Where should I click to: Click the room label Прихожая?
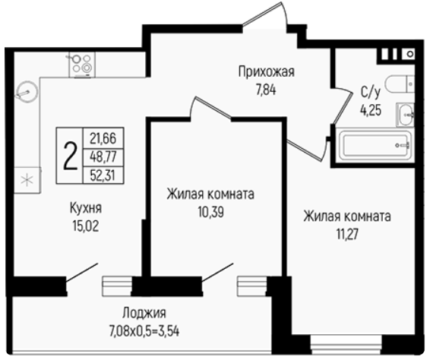[267, 72]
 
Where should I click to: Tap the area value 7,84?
[266, 90]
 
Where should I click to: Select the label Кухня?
[86, 208]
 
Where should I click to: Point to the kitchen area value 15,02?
[86, 226]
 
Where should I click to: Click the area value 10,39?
[211, 212]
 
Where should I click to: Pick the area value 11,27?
[347, 235]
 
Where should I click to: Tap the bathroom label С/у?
[371, 93]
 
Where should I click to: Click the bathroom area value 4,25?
[371, 110]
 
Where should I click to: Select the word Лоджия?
[144, 313]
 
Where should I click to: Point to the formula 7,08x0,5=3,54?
[144, 331]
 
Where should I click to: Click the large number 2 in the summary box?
[70, 156]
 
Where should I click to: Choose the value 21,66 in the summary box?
[103, 138]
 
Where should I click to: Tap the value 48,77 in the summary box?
[103, 156]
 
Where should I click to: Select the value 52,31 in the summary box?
[103, 175]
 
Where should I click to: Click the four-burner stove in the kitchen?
[82, 65]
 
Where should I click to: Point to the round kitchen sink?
[27, 92]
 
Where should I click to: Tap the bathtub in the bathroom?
[375, 145]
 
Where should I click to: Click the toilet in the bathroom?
[400, 84]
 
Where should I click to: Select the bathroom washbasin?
[406, 115]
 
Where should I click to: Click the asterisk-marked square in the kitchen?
[27, 180]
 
